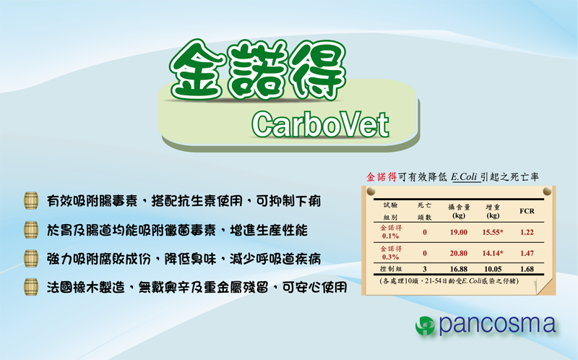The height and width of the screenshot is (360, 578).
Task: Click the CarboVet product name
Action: pos(320,124)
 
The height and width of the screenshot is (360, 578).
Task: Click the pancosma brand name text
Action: pos(497,325)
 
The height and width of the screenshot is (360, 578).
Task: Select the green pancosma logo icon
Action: pos(425,326)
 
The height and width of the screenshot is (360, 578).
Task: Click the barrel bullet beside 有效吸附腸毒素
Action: pos(31,201)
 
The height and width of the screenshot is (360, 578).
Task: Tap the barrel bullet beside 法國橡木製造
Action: pos(31,287)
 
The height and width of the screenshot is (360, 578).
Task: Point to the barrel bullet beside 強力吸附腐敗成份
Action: pos(31,258)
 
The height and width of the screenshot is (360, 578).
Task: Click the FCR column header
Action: pos(527,211)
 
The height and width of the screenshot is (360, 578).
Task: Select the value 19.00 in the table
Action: pos(459,232)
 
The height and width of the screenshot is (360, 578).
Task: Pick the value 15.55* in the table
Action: pos(493,232)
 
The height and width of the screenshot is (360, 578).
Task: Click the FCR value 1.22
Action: pos(527,232)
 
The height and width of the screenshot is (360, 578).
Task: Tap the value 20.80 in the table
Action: pos(459,254)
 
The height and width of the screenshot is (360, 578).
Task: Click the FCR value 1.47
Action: pos(527,254)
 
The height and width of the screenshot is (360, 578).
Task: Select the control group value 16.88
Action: pos(459,269)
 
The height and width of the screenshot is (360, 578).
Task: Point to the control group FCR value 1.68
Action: pos(527,269)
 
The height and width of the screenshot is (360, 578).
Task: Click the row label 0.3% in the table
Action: pos(390,257)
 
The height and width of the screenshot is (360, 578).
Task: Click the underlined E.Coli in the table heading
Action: pos(465,177)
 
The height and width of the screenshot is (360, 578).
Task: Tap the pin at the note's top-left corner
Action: pos(371,191)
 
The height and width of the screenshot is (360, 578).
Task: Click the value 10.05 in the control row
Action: pos(493,269)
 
